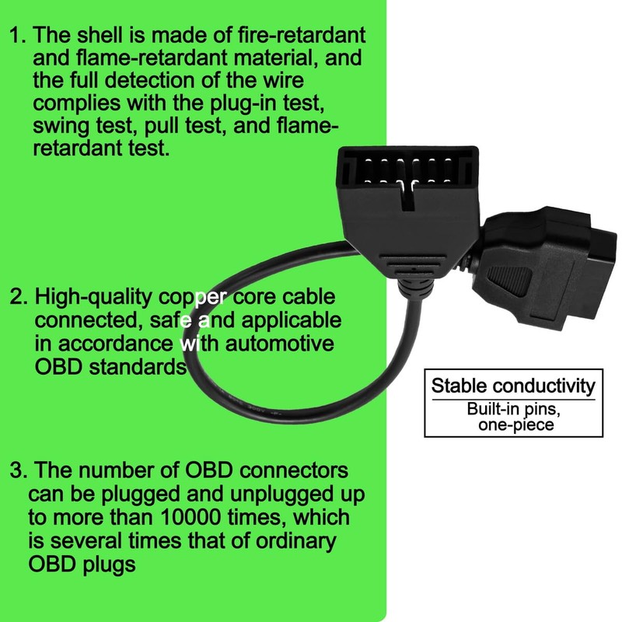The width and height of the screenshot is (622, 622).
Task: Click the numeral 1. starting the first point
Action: coord(16,36)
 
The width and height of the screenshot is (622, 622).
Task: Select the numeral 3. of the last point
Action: coord(17,471)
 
